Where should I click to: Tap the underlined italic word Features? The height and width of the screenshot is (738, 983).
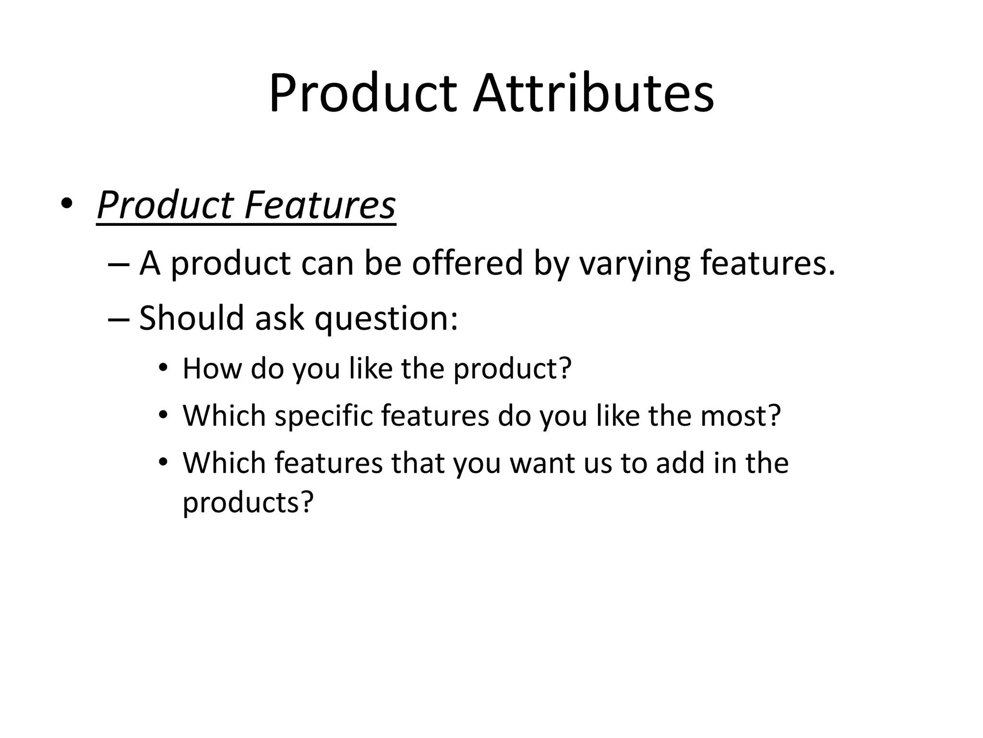coord(320,206)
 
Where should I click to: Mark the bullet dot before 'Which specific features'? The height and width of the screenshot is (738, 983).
coord(163,415)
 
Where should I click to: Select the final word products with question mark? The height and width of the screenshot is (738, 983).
coord(248,503)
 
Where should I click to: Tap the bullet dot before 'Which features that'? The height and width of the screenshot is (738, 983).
coord(163,462)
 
